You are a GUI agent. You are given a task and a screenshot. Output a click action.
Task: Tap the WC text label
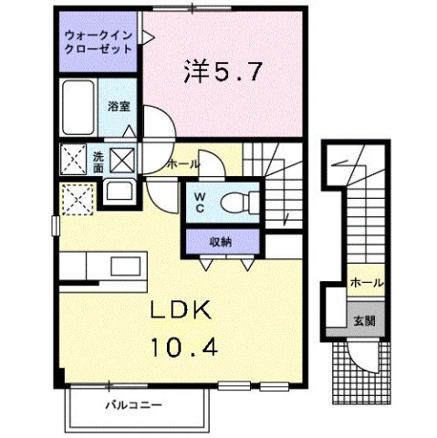click(x=198, y=203)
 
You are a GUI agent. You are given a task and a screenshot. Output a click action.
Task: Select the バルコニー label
click(x=120, y=402)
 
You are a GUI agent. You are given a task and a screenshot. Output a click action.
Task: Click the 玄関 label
click(x=364, y=321)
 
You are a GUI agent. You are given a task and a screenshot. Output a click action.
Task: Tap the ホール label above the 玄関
click(x=367, y=283)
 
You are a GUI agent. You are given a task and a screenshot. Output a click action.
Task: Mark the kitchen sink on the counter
click(x=121, y=268)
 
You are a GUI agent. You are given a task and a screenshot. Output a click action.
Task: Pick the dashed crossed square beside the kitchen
click(x=75, y=198)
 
